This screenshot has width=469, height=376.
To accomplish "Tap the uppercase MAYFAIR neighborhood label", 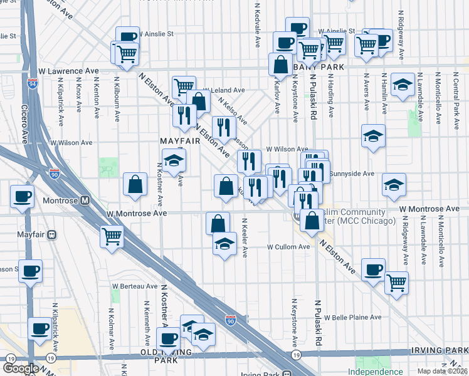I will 179,141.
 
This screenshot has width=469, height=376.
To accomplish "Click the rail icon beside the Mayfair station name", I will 52,235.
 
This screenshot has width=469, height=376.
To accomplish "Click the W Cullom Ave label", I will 288,247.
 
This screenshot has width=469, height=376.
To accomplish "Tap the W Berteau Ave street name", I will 135,286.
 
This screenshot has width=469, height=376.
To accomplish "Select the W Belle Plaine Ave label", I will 352,318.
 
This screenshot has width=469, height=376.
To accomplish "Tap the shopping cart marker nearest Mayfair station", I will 112,237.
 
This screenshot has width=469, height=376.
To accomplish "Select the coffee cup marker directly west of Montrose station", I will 22,197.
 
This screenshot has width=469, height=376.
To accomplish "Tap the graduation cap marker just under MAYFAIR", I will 174,160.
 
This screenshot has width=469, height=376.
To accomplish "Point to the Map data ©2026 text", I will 442,371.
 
